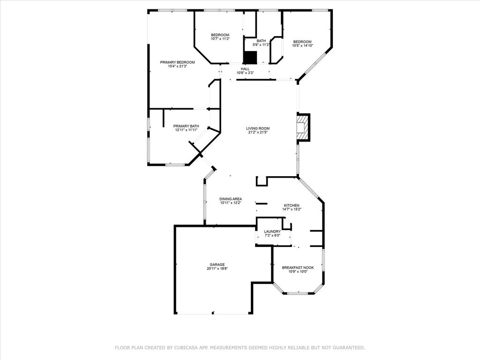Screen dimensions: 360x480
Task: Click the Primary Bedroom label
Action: [177, 62]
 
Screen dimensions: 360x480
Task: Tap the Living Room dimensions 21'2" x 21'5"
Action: [258, 132]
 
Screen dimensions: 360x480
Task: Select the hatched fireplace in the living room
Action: [302, 127]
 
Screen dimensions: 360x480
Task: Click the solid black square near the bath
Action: [250, 57]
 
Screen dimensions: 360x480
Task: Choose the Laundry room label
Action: [272, 232]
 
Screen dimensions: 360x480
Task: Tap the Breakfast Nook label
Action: [298, 268]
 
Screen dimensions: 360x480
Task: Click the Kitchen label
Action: [291, 205]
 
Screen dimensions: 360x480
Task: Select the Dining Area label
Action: [231, 199]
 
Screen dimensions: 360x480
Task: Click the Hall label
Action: [245, 69]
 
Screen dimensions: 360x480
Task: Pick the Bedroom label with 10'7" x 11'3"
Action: [220, 35]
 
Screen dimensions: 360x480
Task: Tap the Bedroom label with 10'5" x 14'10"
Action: [302, 42]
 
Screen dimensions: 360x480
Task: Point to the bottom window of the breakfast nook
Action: [297, 293]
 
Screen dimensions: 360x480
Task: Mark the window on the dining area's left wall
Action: [204, 202]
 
